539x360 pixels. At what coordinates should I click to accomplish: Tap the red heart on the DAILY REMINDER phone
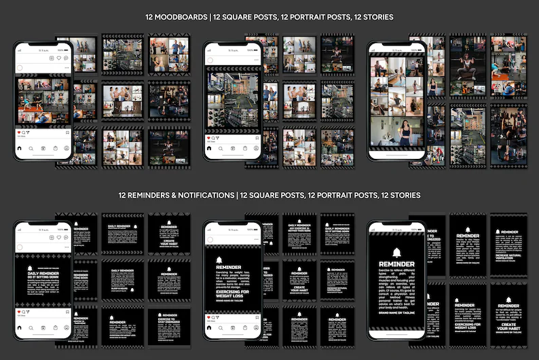(x=18, y=312)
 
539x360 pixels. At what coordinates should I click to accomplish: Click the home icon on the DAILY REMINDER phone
(x=19, y=327)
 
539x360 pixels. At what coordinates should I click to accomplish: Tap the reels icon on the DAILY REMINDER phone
(x=43, y=327)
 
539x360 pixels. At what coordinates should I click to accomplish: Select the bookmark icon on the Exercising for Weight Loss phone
(x=257, y=317)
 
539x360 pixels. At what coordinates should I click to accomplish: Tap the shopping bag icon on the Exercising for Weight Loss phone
(x=245, y=327)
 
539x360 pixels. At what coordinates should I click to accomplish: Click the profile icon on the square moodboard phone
(x=67, y=148)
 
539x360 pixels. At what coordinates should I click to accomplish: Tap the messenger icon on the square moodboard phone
(x=67, y=58)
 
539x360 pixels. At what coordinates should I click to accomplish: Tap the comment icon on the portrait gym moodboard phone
(x=214, y=138)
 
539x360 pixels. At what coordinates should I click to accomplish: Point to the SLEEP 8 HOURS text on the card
(x=118, y=287)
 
